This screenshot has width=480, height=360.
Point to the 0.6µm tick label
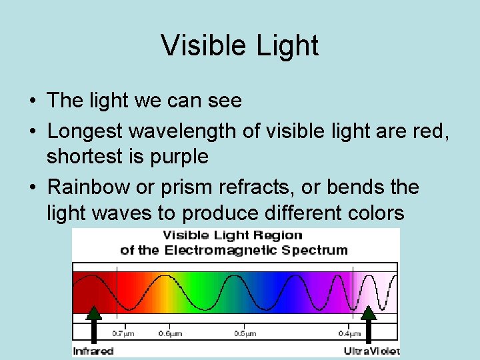point(171,333)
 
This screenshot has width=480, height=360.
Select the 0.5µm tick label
point(245,333)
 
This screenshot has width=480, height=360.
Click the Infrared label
point(93,351)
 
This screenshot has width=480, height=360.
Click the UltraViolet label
point(371,351)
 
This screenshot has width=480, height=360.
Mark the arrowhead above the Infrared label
point(94,313)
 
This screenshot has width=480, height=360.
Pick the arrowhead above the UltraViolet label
point(368,313)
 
